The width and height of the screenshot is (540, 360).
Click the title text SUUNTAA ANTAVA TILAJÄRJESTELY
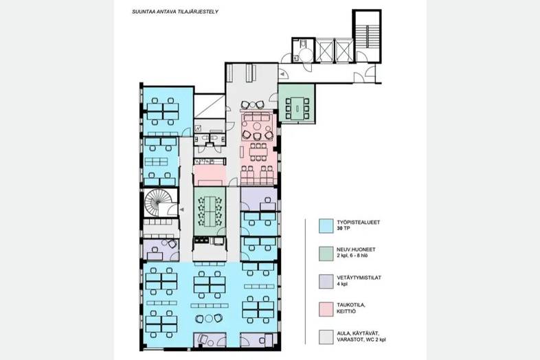coord(175,12)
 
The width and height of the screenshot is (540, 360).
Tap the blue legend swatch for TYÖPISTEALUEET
coord(326,226)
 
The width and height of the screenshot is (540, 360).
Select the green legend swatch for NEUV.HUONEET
coord(326,254)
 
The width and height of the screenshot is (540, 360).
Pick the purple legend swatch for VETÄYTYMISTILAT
coord(326,282)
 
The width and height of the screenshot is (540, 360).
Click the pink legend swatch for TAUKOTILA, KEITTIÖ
coord(326,309)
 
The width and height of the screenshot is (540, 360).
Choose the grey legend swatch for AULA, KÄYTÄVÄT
coord(326,337)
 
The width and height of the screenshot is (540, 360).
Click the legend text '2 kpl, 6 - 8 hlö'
coord(352,256)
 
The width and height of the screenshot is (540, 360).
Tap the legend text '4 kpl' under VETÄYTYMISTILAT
coord(342,284)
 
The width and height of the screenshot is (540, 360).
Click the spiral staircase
coord(158,203)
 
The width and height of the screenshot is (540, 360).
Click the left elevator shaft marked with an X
coord(325,51)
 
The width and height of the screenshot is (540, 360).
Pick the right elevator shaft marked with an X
coord(344,51)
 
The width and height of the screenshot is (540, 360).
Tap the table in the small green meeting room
coord(297,109)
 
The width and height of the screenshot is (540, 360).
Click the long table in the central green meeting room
coord(210,211)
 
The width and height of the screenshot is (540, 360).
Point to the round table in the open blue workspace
coord(209,319)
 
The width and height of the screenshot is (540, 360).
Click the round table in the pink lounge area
coord(256,135)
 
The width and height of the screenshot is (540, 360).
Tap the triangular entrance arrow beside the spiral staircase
coord(182,210)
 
